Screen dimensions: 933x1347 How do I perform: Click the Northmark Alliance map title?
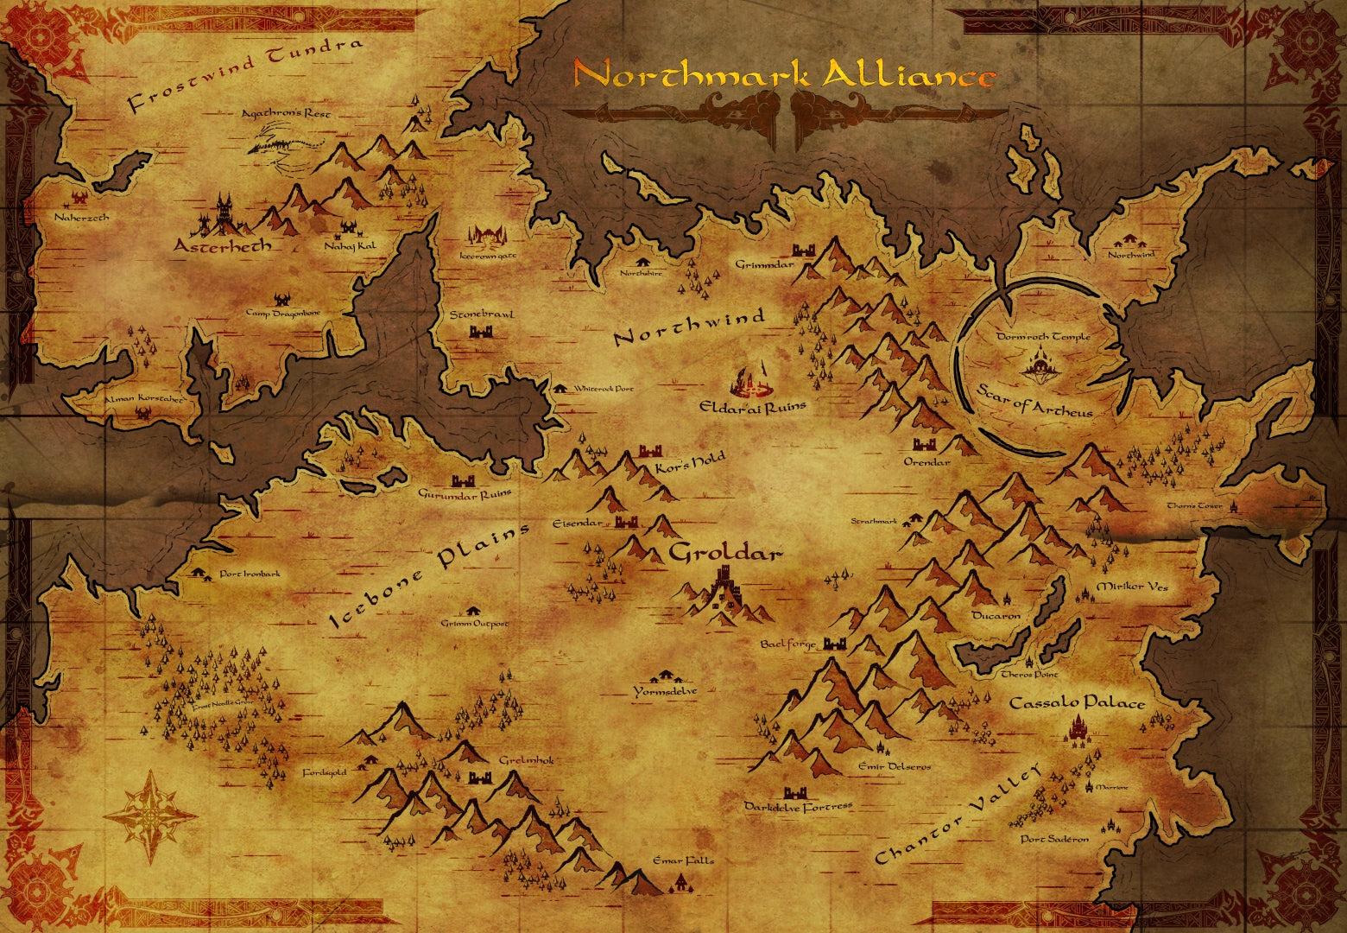pyautogui.click(x=784, y=75)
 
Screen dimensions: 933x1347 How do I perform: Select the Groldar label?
pyautogui.click(x=725, y=553)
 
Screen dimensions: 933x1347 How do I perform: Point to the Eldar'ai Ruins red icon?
pyautogui.click(x=752, y=380)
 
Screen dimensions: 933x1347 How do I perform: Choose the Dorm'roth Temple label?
pyautogui.click(x=1042, y=336)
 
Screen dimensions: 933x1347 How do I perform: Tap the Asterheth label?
pyautogui.click(x=223, y=246)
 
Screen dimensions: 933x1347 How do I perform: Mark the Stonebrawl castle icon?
pyautogui.click(x=480, y=332)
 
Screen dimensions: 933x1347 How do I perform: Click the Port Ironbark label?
pyautogui.click(x=250, y=574)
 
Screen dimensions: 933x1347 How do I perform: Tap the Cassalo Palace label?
pyautogui.click(x=1077, y=702)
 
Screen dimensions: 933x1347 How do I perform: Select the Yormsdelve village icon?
pyautogui.click(x=666, y=676)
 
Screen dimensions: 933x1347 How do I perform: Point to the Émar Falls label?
pyautogui.click(x=683, y=860)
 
